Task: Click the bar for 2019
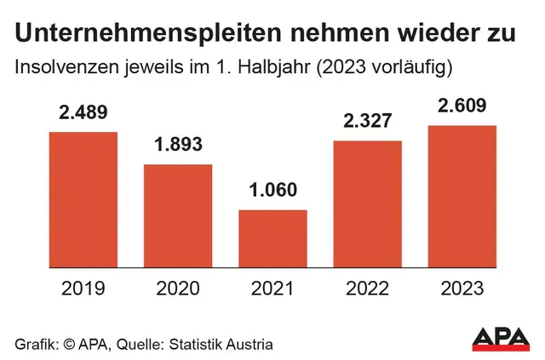pyautogui.click(x=83, y=198)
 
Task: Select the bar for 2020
pyautogui.click(x=177, y=214)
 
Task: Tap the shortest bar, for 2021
pyautogui.click(x=272, y=237)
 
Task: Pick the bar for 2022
pyautogui.click(x=367, y=203)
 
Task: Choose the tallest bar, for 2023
pyautogui.click(x=462, y=195)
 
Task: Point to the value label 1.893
pyautogui.click(x=177, y=146)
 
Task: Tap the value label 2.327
pyautogui.click(x=367, y=123)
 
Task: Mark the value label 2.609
pyautogui.click(x=462, y=107)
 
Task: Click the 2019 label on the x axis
pyautogui.click(x=83, y=289)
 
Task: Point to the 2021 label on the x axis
pyautogui.click(x=272, y=289)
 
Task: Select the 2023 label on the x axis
pyautogui.click(x=462, y=289)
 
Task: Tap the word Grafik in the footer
pyautogui.click(x=34, y=345)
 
